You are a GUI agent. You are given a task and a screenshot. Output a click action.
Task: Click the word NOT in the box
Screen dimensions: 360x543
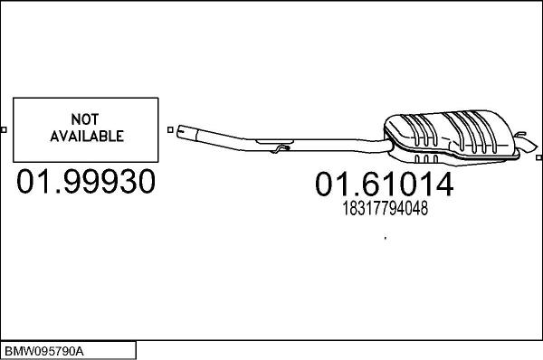[x=85, y=119]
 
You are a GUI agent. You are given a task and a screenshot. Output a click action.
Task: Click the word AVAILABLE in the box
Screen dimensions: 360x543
[x=85, y=137]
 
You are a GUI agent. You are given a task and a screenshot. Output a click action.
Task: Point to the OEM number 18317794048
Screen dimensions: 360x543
[x=384, y=209]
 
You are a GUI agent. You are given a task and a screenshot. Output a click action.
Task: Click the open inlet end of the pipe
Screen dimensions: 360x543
[x=182, y=132]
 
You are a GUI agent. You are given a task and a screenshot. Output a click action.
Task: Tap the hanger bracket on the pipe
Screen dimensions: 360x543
[x=281, y=147]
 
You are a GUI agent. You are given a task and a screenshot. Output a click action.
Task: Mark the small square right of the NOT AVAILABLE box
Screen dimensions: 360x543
[x=170, y=129]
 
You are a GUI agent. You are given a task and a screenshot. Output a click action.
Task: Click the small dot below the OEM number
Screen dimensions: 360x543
[x=386, y=238]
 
